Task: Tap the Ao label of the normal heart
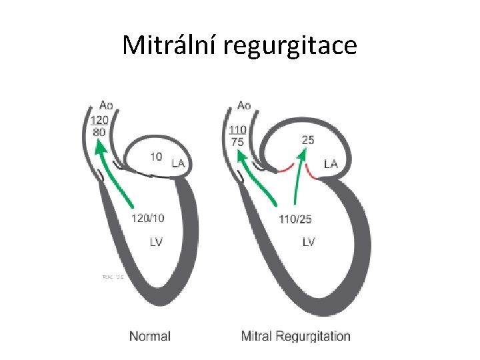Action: pos(106,105)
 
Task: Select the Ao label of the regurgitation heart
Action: pos(244,105)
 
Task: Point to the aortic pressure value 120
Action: pos(99,120)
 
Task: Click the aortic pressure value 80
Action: pos(99,132)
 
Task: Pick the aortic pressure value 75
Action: pos(236,142)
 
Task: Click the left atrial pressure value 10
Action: pos(155,157)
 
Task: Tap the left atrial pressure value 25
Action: pos(308,141)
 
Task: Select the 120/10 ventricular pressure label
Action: pos(148,217)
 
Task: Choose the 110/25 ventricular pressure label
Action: pos(295,218)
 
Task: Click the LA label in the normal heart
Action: pos(179,163)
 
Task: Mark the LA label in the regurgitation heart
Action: pos(331,163)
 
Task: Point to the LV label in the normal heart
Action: pos(156,242)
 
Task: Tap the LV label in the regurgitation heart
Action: pos(308,242)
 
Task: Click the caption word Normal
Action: pos(150,336)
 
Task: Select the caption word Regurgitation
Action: pos(314,336)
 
